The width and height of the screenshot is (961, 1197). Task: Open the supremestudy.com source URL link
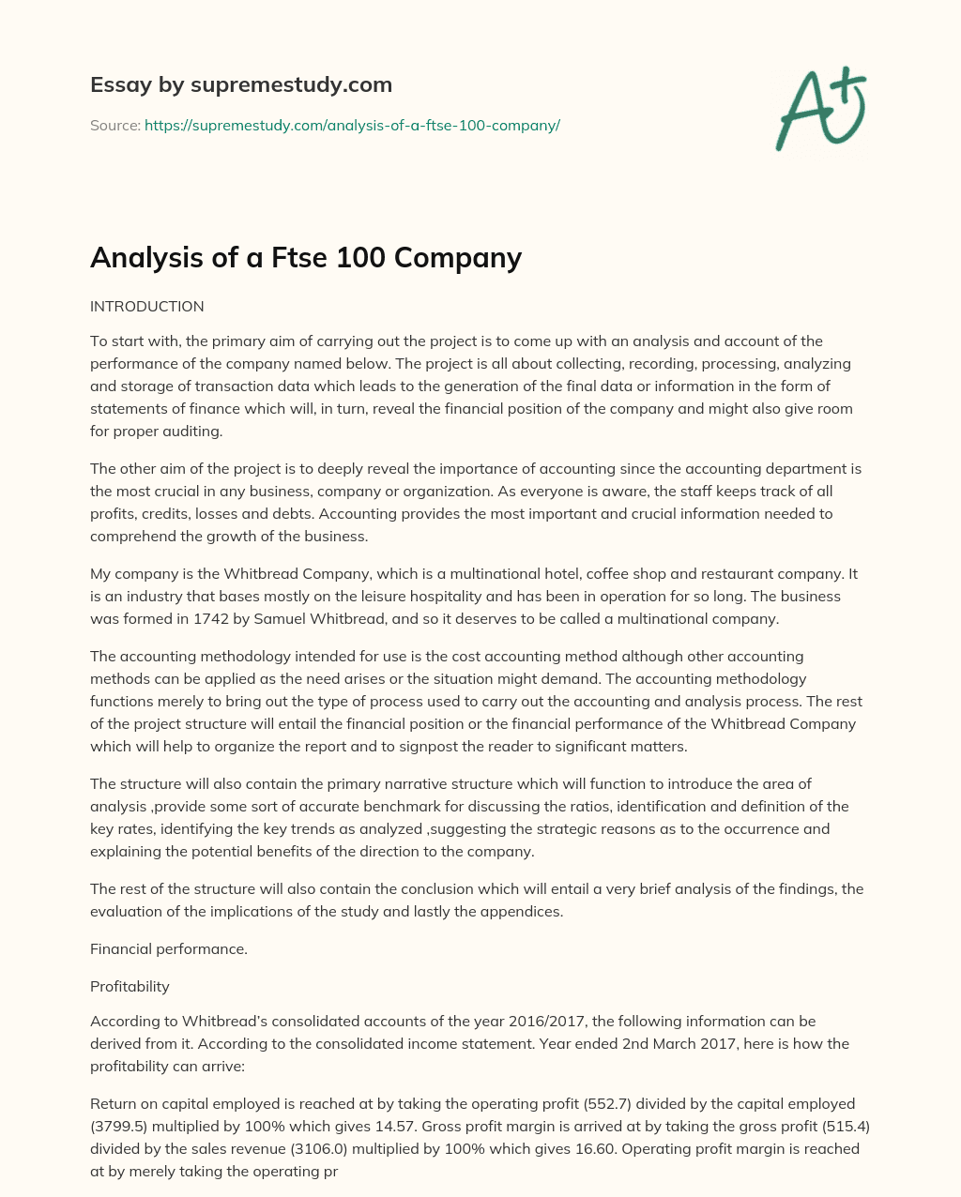(352, 125)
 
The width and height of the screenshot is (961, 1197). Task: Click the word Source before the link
(114, 125)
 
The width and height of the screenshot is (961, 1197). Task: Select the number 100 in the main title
(362, 257)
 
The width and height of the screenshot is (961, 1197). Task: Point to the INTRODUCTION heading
(147, 307)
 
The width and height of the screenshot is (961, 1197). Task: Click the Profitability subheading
(130, 986)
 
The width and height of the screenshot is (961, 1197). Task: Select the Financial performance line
(169, 948)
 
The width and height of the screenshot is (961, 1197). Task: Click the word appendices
(526, 911)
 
